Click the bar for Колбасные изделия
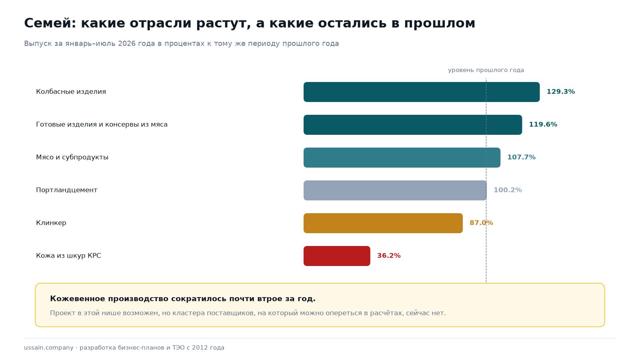coord(422,92)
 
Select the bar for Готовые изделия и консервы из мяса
coord(412,125)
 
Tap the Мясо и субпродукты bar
coord(402,158)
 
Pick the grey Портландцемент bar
coord(395,190)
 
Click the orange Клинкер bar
coord(383,223)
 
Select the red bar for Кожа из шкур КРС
coord(337,256)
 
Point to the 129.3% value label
coord(560,92)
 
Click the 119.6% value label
coord(543,124)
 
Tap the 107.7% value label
coord(521,158)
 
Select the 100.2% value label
coord(508,190)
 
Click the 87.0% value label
coord(481,223)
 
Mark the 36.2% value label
coord(388,256)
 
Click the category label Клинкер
coord(51,223)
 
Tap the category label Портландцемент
coord(66,190)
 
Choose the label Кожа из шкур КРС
coord(68,256)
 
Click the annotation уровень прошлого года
coord(486,70)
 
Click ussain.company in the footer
coord(48,348)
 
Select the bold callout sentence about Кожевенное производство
coord(182,299)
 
